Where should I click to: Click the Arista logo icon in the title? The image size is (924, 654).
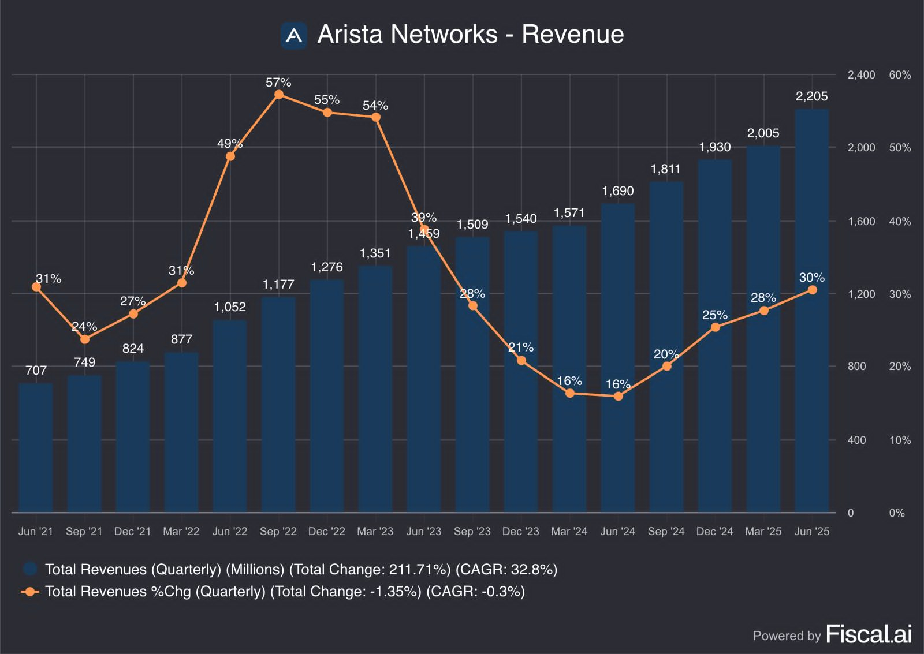[x=294, y=35]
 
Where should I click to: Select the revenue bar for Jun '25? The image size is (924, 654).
[x=812, y=312]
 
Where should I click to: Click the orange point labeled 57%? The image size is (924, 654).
[x=279, y=95]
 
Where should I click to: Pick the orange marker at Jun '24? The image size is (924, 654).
[x=618, y=397]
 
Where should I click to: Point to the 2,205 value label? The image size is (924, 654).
[x=811, y=96]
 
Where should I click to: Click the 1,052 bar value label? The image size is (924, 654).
[x=230, y=307]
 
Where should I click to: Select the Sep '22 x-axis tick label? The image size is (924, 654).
[x=278, y=531]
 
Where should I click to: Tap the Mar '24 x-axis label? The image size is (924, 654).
[x=569, y=531]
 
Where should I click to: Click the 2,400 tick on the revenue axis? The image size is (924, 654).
[x=861, y=75]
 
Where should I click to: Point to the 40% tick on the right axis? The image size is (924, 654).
[x=900, y=221]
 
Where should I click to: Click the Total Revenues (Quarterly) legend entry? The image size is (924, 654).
[x=300, y=570]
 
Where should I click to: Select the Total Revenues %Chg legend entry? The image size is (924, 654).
[x=284, y=592]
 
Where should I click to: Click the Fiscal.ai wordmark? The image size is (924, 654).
[x=869, y=634]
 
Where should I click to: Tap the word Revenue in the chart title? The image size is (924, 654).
[x=572, y=35]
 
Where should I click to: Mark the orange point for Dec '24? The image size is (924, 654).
[x=716, y=327]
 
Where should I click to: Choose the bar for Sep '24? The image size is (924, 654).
[x=666, y=346]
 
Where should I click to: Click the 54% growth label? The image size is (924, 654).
[x=375, y=106]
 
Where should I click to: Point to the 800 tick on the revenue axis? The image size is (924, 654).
[x=856, y=367]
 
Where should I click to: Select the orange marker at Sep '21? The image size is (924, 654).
[x=85, y=339]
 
